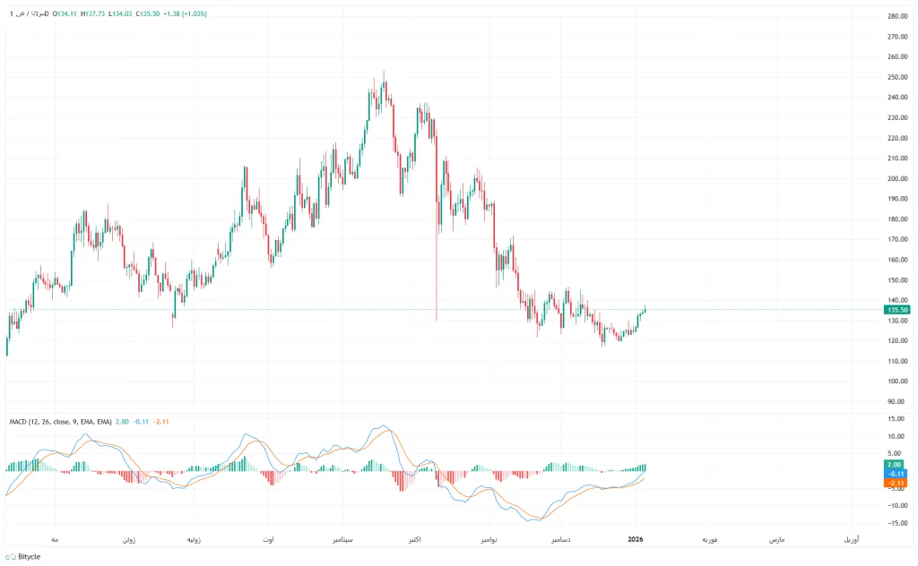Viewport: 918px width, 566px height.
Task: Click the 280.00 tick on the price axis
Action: pyautogui.click(x=897, y=17)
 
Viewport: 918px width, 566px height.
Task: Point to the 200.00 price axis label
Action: pyautogui.click(x=897, y=179)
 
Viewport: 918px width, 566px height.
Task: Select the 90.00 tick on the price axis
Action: pyautogui.click(x=897, y=401)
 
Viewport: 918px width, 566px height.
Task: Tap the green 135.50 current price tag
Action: pyautogui.click(x=896, y=310)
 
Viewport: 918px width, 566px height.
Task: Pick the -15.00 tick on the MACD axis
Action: pyautogui.click(x=896, y=523)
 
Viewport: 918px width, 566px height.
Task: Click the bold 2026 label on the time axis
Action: pyautogui.click(x=636, y=540)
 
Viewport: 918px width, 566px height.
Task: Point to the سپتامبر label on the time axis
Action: pyautogui.click(x=348, y=540)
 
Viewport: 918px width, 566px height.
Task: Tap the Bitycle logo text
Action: pyautogui.click(x=29, y=556)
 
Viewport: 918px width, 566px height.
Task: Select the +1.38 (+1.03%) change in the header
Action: pyautogui.click(x=184, y=13)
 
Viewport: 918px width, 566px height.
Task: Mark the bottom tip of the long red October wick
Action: pyautogui.click(x=437, y=320)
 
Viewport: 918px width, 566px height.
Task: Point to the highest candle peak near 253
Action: pyautogui.click(x=384, y=72)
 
